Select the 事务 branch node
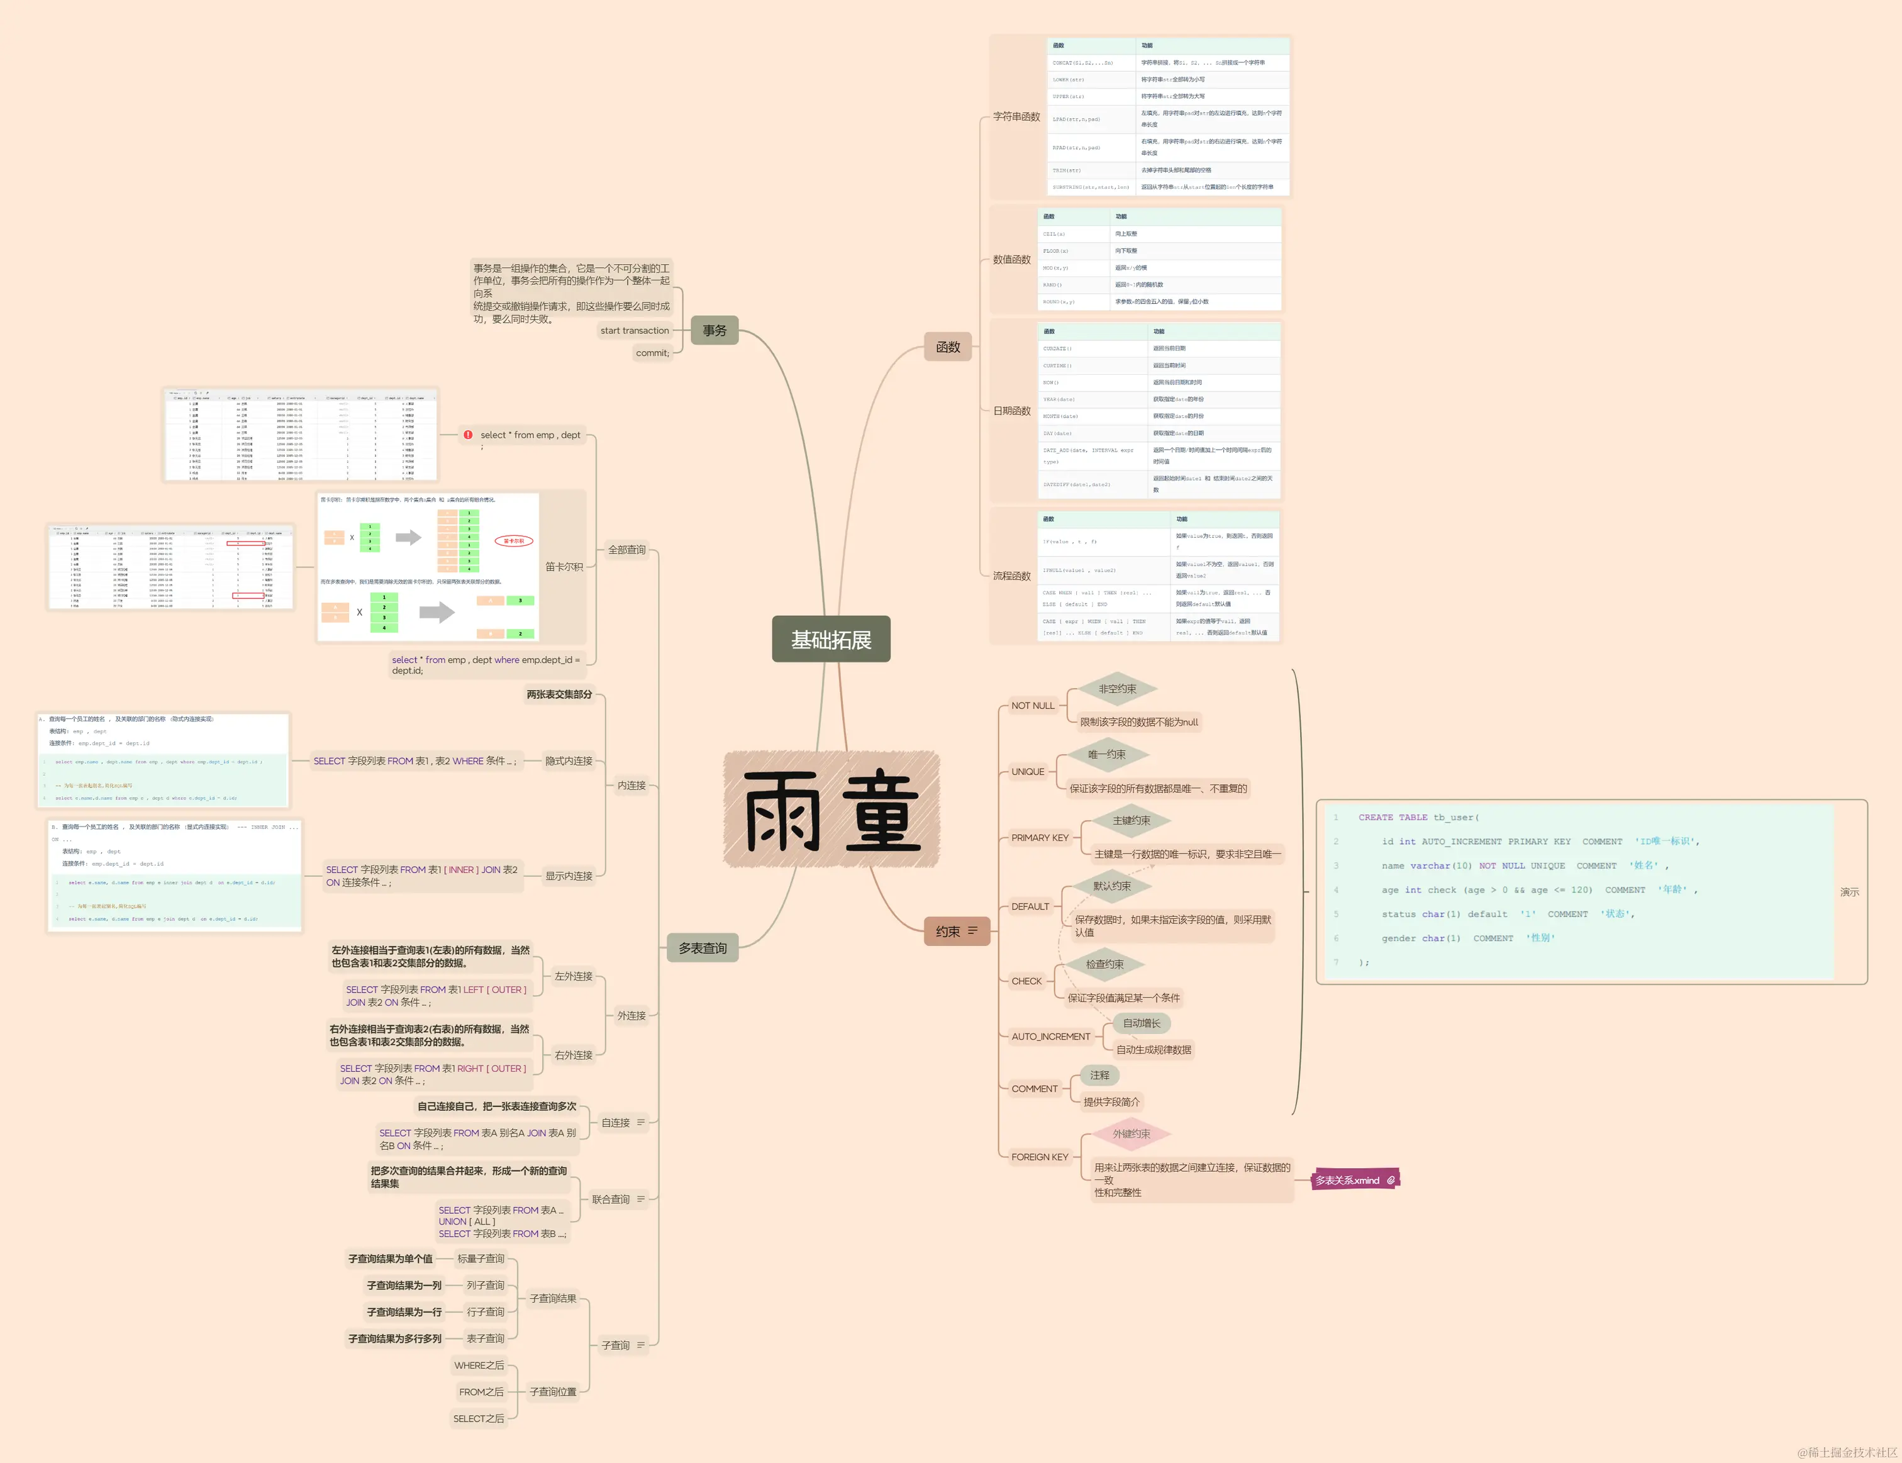pyautogui.click(x=714, y=330)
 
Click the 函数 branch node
pyautogui.click(x=947, y=347)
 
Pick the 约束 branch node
pyautogui.click(x=955, y=931)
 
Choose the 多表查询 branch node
pyautogui.click(x=702, y=947)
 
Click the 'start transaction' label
pyautogui.click(x=634, y=330)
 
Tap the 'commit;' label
pyautogui.click(x=652, y=353)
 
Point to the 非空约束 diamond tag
pyautogui.click(x=1116, y=689)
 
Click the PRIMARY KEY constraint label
pyautogui.click(x=1039, y=838)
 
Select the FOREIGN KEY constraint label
pyautogui.click(x=1039, y=1157)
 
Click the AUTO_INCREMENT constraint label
pyautogui.click(x=1050, y=1037)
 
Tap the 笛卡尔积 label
pyautogui.click(x=564, y=566)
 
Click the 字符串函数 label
pyautogui.click(x=1016, y=116)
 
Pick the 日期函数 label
pyautogui.click(x=1012, y=411)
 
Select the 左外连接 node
pyautogui.click(x=573, y=976)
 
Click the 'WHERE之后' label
pyautogui.click(x=478, y=1366)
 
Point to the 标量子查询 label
pyautogui.click(x=481, y=1259)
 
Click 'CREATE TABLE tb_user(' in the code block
pyautogui.click(x=1418, y=817)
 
